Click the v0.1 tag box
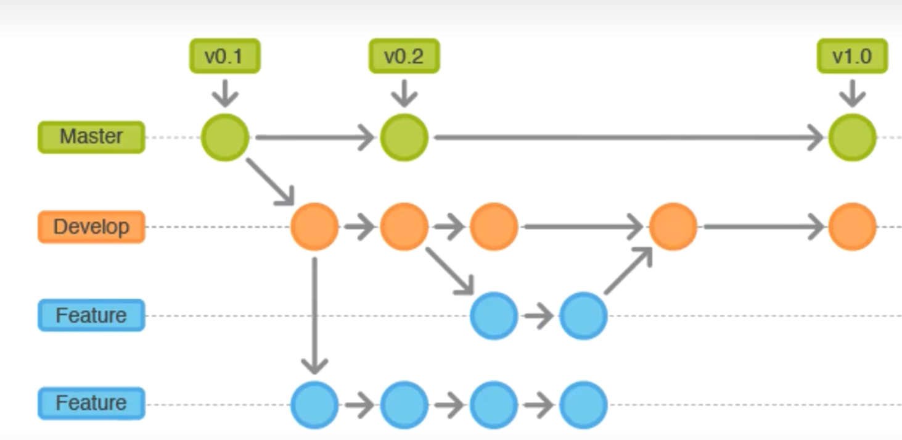(224, 56)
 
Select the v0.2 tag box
(404, 56)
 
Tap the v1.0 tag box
(852, 56)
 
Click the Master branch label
(91, 136)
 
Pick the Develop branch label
(91, 226)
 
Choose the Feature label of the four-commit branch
(91, 404)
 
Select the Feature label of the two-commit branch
(91, 315)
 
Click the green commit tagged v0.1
(225, 137)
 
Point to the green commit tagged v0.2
(404, 137)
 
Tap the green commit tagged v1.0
(852, 137)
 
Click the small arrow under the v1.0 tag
(852, 94)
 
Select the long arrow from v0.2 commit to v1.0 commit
(629, 137)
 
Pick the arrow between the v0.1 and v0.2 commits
(314, 137)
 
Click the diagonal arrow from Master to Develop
(270, 181)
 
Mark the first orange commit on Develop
(314, 226)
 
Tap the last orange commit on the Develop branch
(852, 226)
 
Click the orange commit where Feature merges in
(673, 226)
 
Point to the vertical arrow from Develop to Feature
(314, 315)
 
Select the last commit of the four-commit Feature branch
(583, 405)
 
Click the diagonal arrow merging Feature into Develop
(628, 271)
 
